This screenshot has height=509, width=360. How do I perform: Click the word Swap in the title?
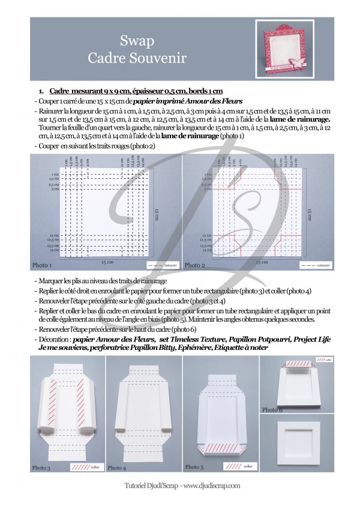point(137,41)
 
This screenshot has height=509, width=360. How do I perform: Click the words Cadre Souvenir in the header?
point(137,58)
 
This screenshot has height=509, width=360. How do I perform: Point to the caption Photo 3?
point(43,467)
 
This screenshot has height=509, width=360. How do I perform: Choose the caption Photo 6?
point(274,410)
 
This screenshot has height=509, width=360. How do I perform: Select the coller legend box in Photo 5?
point(242,466)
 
